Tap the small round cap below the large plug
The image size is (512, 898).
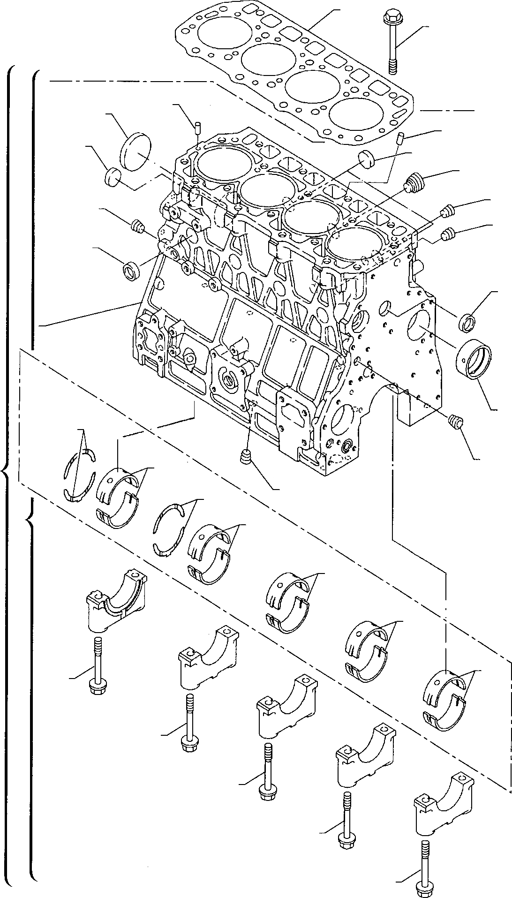pyautogui.click(x=113, y=177)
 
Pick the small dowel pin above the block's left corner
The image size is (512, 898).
pyautogui.click(x=198, y=127)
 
